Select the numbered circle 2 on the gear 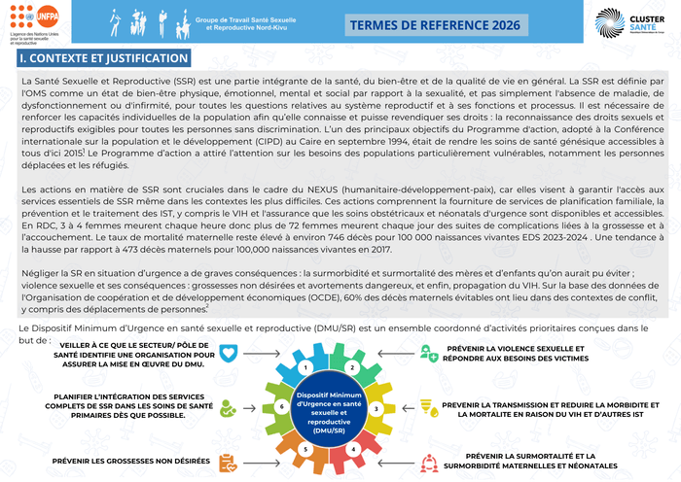coord(351,368)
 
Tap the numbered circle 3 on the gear coord(376,408)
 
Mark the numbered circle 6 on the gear coord(281,408)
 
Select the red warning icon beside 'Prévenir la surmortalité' coord(430,461)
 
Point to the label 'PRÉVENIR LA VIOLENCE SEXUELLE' coord(529,348)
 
